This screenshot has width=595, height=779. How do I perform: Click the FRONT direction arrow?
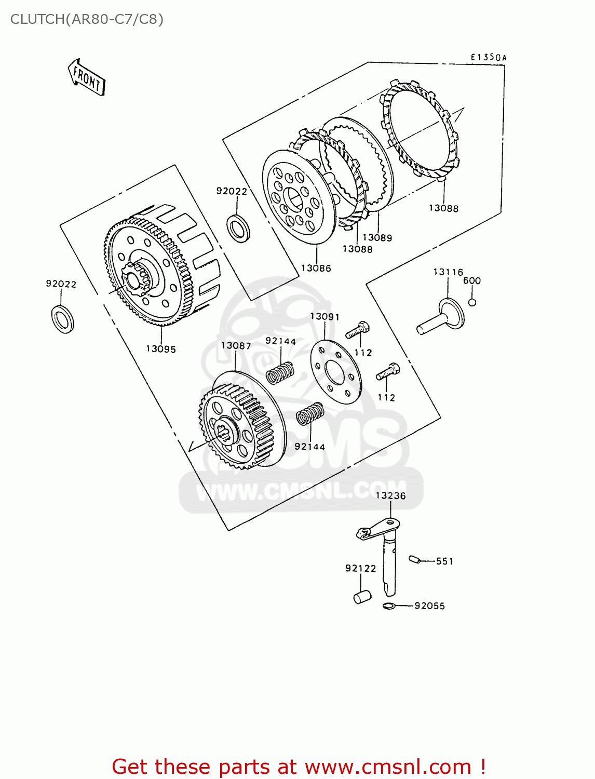(x=87, y=78)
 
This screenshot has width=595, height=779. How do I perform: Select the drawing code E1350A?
(x=488, y=58)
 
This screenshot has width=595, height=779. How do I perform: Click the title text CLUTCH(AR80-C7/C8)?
(x=87, y=19)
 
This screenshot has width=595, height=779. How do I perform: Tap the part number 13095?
(x=160, y=349)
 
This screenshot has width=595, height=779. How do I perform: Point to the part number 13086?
(x=316, y=268)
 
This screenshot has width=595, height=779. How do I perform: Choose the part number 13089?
(x=377, y=237)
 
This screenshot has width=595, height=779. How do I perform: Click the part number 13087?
(x=236, y=346)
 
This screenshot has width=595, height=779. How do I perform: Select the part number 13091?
(x=324, y=316)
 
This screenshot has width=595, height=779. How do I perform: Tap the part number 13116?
(x=448, y=272)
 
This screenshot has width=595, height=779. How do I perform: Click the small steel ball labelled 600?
(x=472, y=302)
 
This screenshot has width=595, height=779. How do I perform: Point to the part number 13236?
(x=390, y=495)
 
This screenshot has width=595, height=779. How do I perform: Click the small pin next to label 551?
(x=414, y=559)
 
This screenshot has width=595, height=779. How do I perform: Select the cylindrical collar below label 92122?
(x=362, y=597)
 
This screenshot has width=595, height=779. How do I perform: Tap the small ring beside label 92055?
(x=389, y=606)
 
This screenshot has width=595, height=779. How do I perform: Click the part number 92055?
(x=429, y=606)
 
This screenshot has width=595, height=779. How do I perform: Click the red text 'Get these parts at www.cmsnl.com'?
(x=299, y=767)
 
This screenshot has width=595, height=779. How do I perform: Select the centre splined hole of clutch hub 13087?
(x=225, y=432)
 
